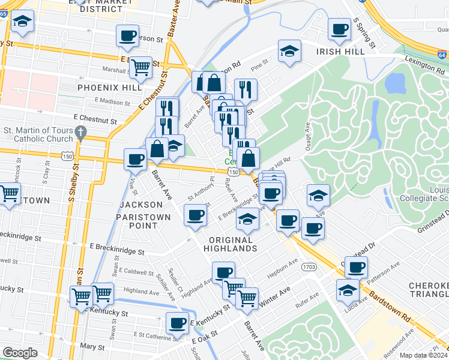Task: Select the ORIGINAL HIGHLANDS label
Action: coord(230,244)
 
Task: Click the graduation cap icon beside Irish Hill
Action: coord(289,51)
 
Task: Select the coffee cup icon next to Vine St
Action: coord(134,159)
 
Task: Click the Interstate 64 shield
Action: coord(442,55)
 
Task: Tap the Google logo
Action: coord(20,353)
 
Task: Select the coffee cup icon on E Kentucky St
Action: coord(176,323)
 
